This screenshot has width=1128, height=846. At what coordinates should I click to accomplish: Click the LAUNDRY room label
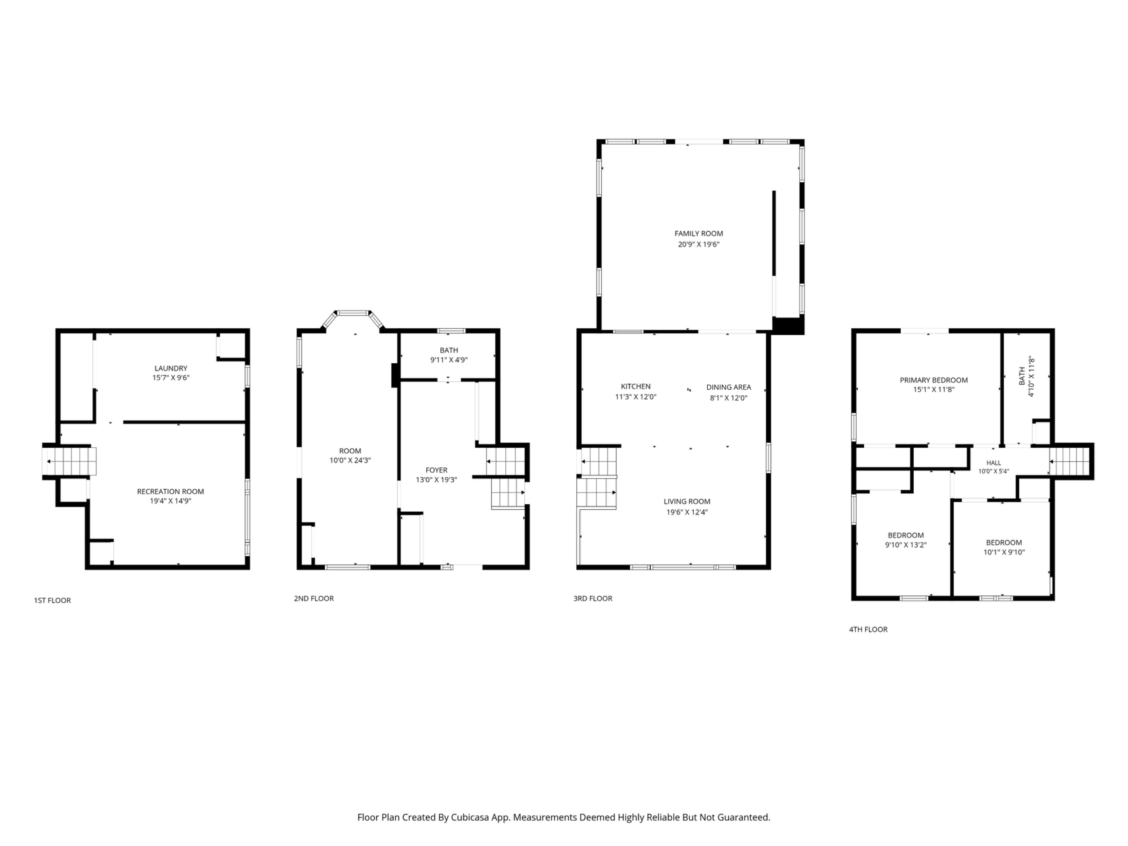click(171, 368)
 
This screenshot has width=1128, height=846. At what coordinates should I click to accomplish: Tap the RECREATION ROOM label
click(170, 491)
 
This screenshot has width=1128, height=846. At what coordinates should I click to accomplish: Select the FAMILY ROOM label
click(699, 234)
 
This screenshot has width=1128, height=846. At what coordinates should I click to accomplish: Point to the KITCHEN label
click(635, 387)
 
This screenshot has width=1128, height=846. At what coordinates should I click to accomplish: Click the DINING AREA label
click(729, 387)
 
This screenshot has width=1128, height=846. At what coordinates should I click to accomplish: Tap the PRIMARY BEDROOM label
click(934, 380)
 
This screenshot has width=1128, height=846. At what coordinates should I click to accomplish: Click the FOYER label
click(437, 470)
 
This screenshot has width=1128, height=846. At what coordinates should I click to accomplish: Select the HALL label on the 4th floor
click(993, 463)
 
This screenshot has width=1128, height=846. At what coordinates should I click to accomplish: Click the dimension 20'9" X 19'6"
click(699, 244)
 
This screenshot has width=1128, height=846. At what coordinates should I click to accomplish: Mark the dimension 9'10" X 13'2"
click(906, 545)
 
